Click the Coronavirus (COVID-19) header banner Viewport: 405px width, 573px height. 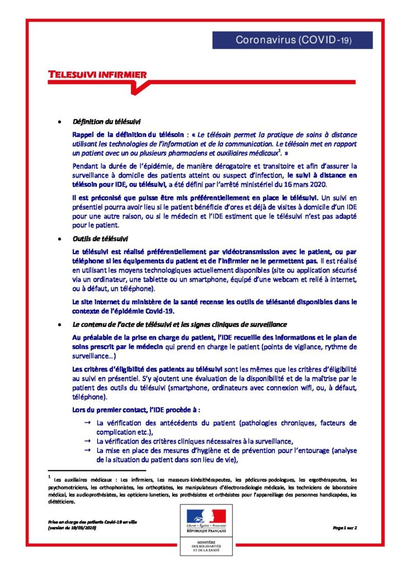[293, 40]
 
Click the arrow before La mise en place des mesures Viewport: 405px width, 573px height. [87, 450]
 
